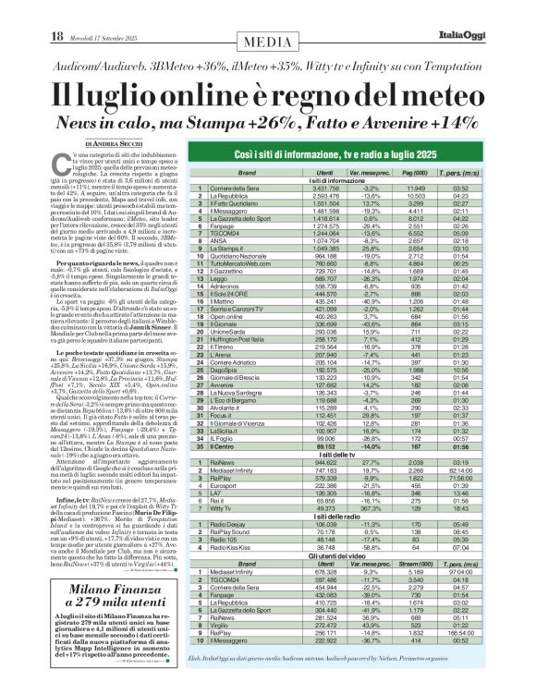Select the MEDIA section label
coord(268,16)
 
